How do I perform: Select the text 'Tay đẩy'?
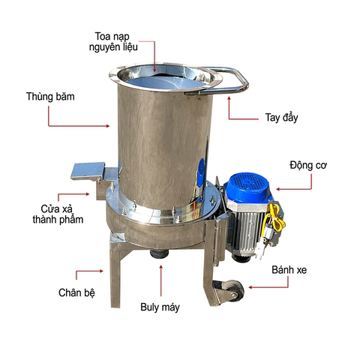280,117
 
